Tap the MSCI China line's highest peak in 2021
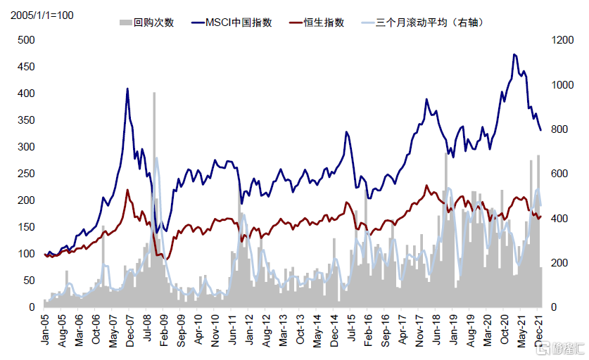[x=515, y=54]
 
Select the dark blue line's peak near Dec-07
[x=127, y=89]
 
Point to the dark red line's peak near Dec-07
[x=127, y=190]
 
